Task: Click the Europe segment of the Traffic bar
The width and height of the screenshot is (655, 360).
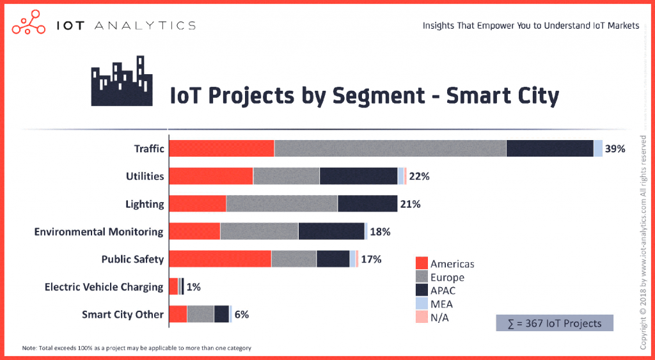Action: [x=390, y=148]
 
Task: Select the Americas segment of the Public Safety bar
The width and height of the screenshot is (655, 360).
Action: [x=220, y=259]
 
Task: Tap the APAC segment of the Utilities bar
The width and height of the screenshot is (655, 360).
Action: [x=358, y=176]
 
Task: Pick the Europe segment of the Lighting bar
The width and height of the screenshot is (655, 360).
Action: [x=281, y=204]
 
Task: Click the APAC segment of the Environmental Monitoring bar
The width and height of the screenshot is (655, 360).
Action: [x=331, y=231]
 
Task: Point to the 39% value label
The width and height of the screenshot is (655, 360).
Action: [x=615, y=149]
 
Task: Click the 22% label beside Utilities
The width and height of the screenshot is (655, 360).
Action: [x=419, y=176]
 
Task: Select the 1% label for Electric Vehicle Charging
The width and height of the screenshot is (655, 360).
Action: [x=193, y=287]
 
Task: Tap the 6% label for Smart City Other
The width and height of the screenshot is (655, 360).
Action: [x=241, y=315]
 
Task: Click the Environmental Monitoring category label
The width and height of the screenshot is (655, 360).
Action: [x=99, y=231]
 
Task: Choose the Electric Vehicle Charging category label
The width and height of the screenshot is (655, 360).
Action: [x=104, y=287]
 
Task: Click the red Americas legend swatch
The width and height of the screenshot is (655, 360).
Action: [x=422, y=263]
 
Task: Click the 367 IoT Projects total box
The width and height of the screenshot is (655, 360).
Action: [x=555, y=323]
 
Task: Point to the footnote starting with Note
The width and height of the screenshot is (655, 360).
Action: [x=136, y=348]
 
